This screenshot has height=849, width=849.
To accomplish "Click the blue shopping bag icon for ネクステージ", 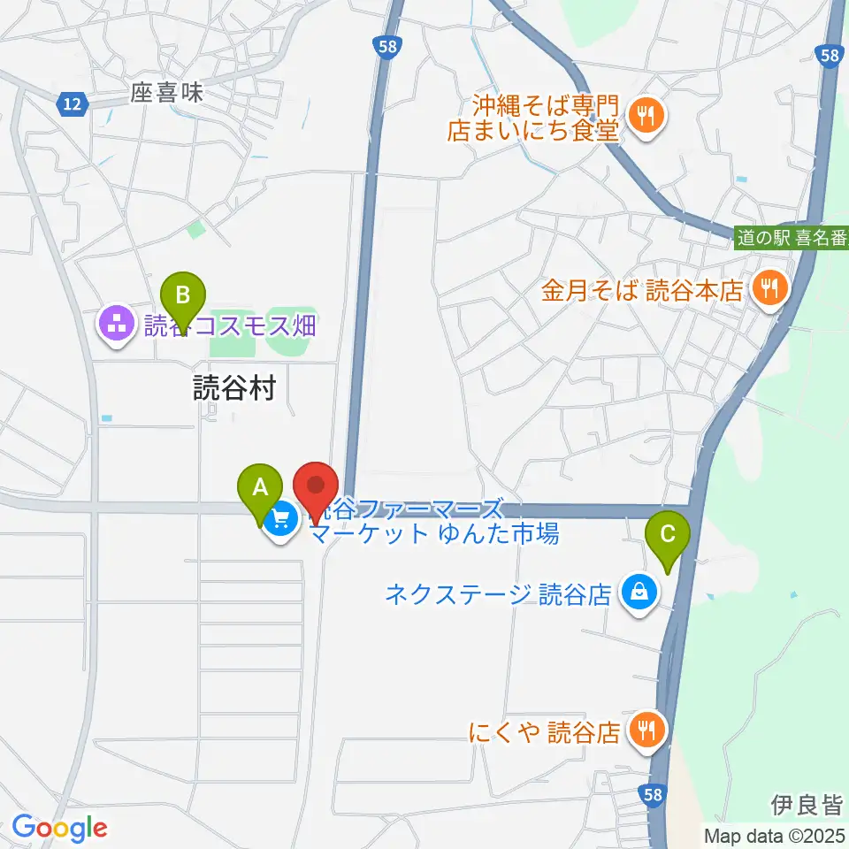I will coord(638,592).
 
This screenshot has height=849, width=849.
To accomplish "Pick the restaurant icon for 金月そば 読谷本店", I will coord(769,288).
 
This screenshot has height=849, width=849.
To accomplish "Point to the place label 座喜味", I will coord(167,94).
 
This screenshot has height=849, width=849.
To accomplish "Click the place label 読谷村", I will coord(235,388).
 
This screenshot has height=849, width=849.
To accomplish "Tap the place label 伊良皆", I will coord(806,805).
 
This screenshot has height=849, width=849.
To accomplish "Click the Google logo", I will coord(59,828).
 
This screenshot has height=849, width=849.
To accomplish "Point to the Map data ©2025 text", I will coord(774,835).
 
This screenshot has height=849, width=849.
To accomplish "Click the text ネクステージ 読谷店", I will coord(498,593).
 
